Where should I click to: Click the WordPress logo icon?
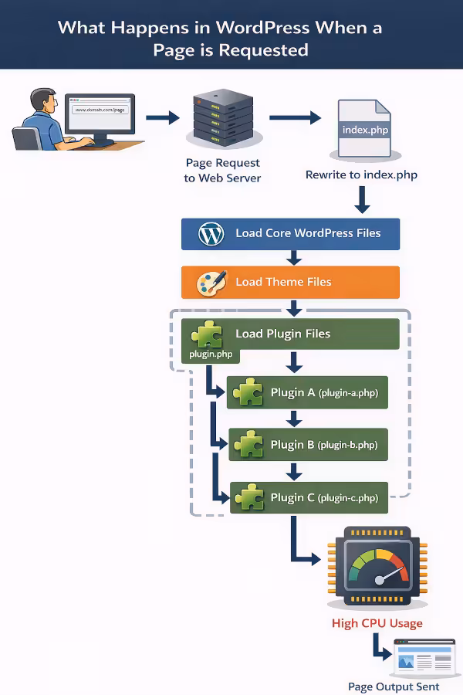pyautogui.click(x=211, y=233)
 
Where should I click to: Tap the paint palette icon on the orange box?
pyautogui.click(x=211, y=282)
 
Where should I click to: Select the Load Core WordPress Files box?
pyautogui.click(x=290, y=233)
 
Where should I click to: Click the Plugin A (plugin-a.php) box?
pyautogui.click(x=306, y=392)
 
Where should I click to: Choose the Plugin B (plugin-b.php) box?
pyautogui.click(x=308, y=445)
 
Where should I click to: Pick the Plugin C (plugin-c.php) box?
pyautogui.click(x=309, y=497)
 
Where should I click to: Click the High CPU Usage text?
pyautogui.click(x=377, y=622)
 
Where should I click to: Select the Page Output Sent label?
pyautogui.click(x=394, y=687)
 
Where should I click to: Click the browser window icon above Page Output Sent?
pyautogui.click(x=422, y=658)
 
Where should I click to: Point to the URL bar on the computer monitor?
pyautogui.click(x=99, y=110)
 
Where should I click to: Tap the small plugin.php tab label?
pyautogui.click(x=211, y=354)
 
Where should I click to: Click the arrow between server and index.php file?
pyautogui.click(x=295, y=118)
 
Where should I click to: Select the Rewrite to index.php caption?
pyautogui.click(x=361, y=175)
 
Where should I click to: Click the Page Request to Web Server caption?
pyautogui.click(x=222, y=171)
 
